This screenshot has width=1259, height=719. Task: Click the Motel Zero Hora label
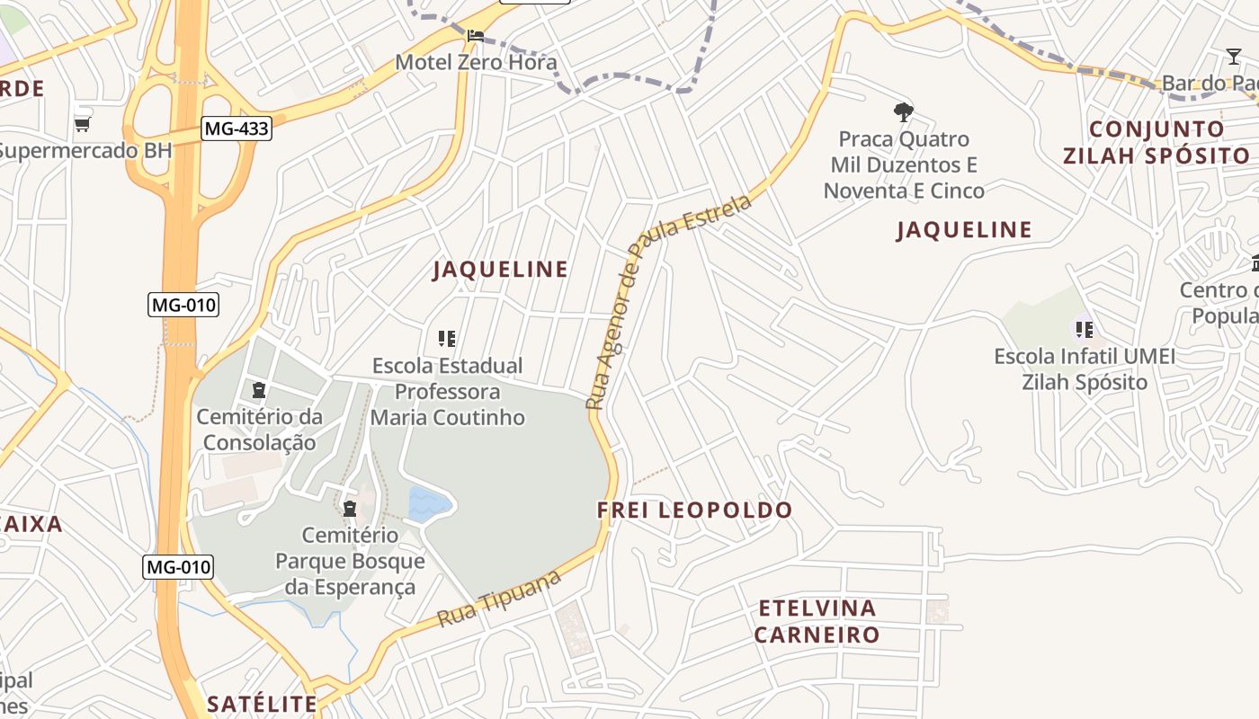(476, 63)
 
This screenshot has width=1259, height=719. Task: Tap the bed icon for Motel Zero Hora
(476, 36)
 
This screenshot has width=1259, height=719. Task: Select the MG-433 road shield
(236, 129)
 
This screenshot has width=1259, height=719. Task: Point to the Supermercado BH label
(85, 150)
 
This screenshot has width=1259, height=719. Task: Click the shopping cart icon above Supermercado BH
(82, 124)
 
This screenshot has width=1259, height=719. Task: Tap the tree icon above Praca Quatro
(904, 113)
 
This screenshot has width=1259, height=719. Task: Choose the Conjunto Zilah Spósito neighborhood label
(1156, 142)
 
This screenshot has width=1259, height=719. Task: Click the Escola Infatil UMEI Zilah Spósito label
(1085, 369)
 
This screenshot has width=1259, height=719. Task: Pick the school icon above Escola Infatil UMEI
(1085, 330)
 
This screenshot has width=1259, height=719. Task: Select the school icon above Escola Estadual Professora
(447, 339)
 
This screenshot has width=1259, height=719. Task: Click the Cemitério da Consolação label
(259, 430)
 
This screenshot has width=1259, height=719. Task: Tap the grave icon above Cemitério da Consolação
(259, 390)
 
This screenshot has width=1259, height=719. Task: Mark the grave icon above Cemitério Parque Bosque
(350, 510)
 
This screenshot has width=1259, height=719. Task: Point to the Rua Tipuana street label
(499, 599)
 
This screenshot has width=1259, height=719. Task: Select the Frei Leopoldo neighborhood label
(694, 510)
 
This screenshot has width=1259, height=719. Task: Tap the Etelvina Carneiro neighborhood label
(817, 621)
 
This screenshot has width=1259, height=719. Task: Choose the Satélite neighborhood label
(262, 704)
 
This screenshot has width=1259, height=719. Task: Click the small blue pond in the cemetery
(429, 503)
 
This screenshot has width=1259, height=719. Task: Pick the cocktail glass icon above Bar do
(1234, 58)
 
